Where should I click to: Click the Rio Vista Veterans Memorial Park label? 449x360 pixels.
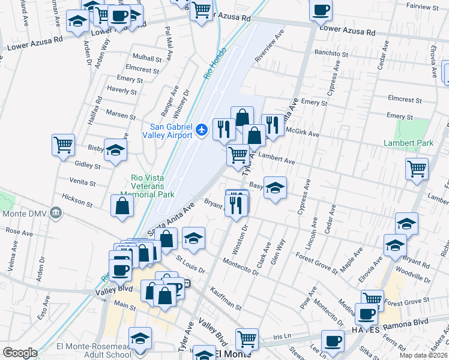[152, 185]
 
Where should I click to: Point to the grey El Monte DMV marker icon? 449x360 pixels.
[56, 212]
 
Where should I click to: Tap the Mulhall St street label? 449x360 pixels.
[147, 59]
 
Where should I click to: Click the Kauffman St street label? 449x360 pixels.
[226, 298]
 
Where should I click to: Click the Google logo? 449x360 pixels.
[20, 353]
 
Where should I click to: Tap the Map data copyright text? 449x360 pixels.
[424, 355]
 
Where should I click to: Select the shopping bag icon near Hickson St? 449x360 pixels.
[122, 206]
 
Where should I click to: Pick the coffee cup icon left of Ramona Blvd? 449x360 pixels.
[366, 313]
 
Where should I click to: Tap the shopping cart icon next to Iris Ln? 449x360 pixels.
[247, 339]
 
